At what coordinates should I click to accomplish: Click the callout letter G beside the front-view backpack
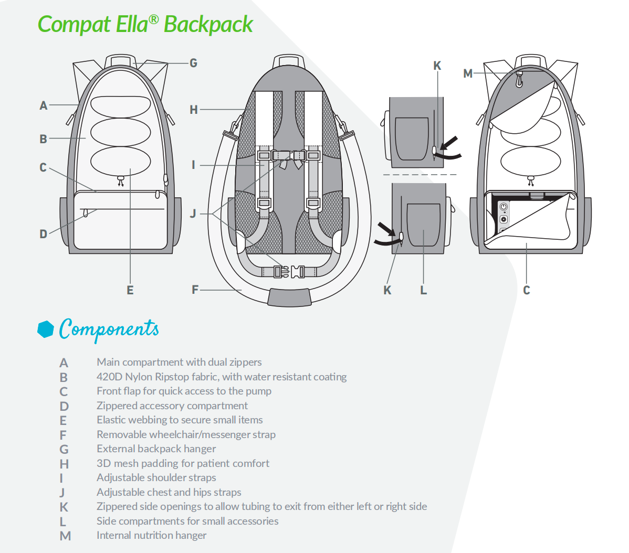coord(193,63)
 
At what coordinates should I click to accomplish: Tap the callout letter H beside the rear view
coord(194,110)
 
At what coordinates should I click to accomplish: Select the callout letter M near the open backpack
coord(468,73)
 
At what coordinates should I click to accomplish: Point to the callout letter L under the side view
coord(424,290)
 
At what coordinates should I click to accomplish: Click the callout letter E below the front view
coord(130,290)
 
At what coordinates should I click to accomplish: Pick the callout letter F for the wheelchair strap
coord(195,290)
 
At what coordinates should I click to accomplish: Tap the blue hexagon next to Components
coord(46,329)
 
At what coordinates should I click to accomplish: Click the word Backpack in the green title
coord(208,25)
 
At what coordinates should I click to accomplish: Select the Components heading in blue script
coord(109,329)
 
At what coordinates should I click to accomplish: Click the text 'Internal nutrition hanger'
coord(151,535)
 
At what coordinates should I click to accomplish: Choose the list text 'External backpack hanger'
coord(156,449)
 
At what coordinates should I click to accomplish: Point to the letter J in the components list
coord(62,493)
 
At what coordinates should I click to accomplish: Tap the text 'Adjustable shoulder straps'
coord(156,477)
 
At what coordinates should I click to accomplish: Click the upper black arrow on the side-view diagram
coord(449,142)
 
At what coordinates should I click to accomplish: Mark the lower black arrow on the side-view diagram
coord(386,228)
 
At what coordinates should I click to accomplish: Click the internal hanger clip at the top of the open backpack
coord(519,79)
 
